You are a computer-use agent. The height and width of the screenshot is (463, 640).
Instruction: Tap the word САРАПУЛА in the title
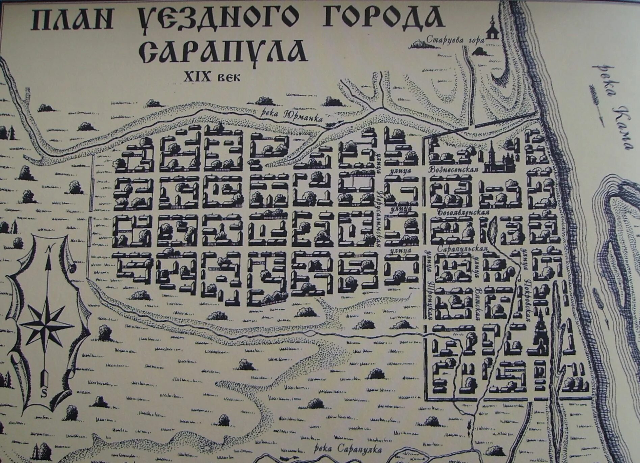(x=223, y=52)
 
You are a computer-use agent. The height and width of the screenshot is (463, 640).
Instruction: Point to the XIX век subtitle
(x=212, y=77)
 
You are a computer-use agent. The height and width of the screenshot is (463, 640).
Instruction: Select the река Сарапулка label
(x=348, y=449)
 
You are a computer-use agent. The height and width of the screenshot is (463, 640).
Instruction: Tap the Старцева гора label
(x=455, y=40)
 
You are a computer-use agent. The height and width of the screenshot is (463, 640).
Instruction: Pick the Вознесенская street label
(x=454, y=169)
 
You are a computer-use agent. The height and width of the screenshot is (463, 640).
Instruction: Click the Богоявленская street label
(x=463, y=213)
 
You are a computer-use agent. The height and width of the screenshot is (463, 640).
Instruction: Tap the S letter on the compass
(x=44, y=393)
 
